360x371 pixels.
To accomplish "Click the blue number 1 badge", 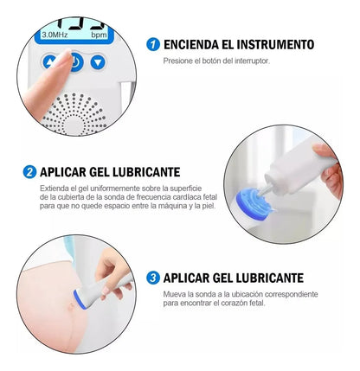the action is pos(153,45).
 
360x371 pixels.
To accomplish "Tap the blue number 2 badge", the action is pos(29,172).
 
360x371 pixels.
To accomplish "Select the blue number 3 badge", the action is pos(153,278).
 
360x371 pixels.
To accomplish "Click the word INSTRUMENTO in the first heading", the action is pos(275,45).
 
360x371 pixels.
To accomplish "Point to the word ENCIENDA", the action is pos(191,45).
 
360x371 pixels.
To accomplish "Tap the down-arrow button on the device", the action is pos(98,62).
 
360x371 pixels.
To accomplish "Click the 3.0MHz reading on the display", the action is pos(55,35).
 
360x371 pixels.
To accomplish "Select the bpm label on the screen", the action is pos(99,35).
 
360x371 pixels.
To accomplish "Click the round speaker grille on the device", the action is pos(74,115).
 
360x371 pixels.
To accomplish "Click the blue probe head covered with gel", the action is pos(254,203).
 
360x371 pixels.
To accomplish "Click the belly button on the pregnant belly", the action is pos(71,306).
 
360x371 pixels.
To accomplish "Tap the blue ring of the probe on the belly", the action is pos(79,300).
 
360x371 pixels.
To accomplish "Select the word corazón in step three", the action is pos(233,304).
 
